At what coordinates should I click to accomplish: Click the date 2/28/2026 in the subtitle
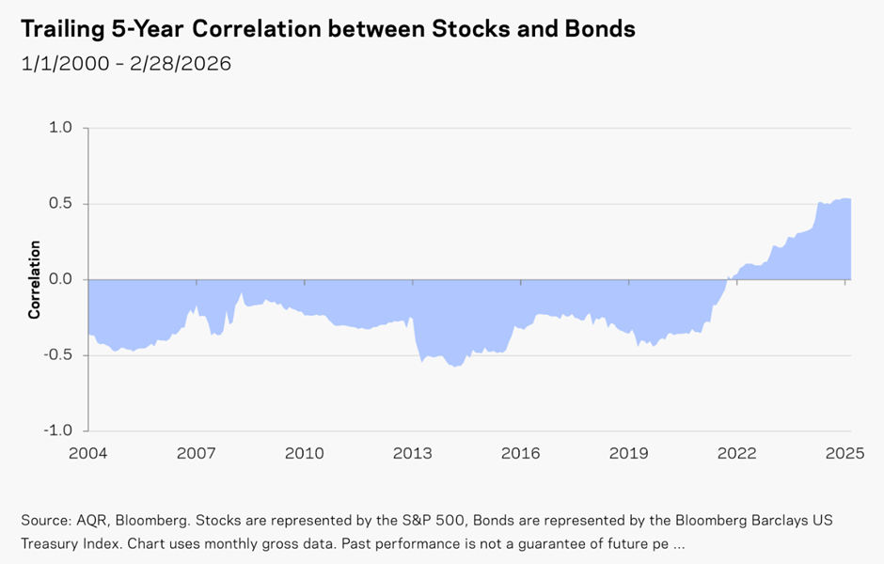pyautogui.click(x=181, y=64)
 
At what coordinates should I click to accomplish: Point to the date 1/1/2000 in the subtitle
pyautogui.click(x=65, y=64)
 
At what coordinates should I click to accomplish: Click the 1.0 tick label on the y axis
pyautogui.click(x=60, y=127)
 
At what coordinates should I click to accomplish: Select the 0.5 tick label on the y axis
pyautogui.click(x=60, y=203)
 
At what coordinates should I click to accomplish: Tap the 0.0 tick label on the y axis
pyautogui.click(x=60, y=279)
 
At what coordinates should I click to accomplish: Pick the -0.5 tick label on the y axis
pyautogui.click(x=57, y=354)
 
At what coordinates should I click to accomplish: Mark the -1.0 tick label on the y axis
pyautogui.click(x=57, y=430)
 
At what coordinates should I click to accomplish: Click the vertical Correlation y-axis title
pyautogui.click(x=35, y=279)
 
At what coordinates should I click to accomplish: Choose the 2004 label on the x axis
pyautogui.click(x=88, y=453)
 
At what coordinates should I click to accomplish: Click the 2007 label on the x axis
pyautogui.click(x=197, y=453)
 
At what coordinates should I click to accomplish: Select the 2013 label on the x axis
pyautogui.click(x=413, y=453)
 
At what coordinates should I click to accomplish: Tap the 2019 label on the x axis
pyautogui.click(x=628, y=453)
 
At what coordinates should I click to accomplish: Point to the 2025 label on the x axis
pyautogui.click(x=845, y=453)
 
